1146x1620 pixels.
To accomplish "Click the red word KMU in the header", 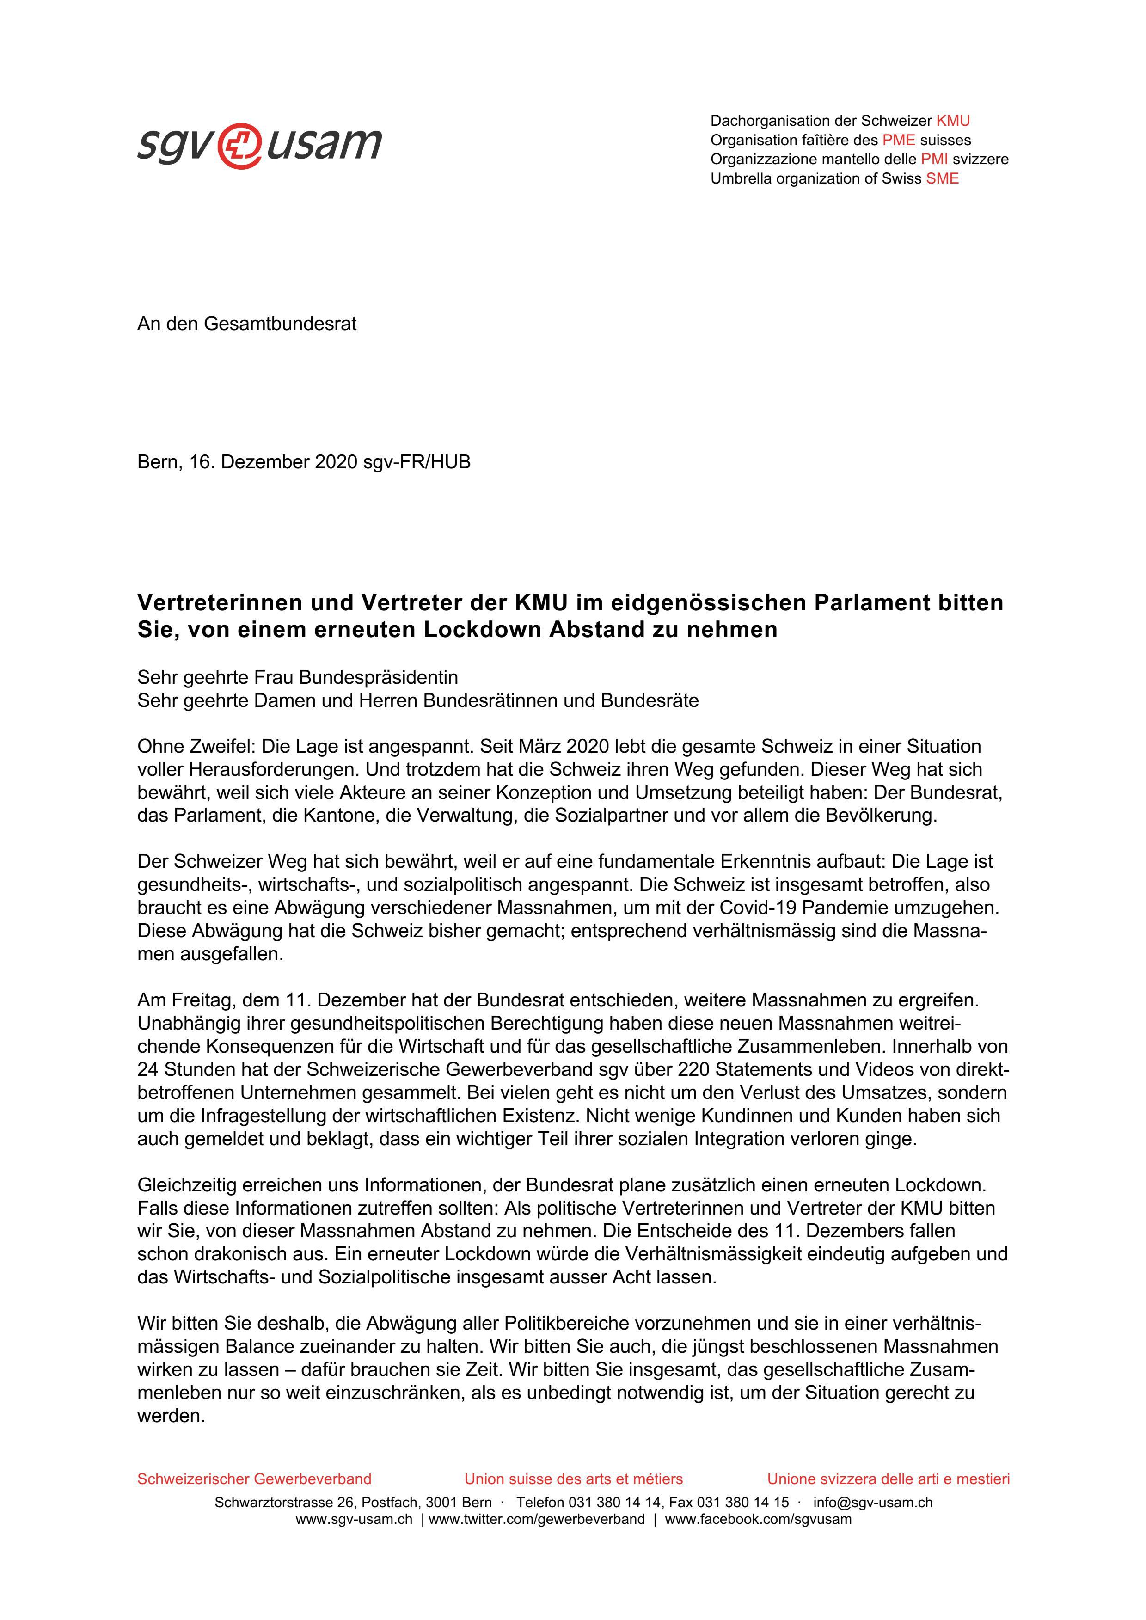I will click(953, 121).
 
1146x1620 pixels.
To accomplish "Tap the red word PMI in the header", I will click(934, 159).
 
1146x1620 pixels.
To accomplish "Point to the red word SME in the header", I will click(942, 178).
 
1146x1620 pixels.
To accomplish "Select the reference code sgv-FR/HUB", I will click(417, 462).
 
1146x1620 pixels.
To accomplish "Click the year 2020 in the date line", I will click(336, 462).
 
